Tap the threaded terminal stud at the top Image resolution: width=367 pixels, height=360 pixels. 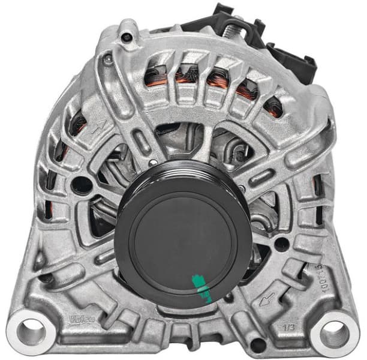[233, 26]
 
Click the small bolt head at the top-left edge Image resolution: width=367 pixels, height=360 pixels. [127, 37]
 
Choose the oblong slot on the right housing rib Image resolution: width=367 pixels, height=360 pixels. [262, 176]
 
